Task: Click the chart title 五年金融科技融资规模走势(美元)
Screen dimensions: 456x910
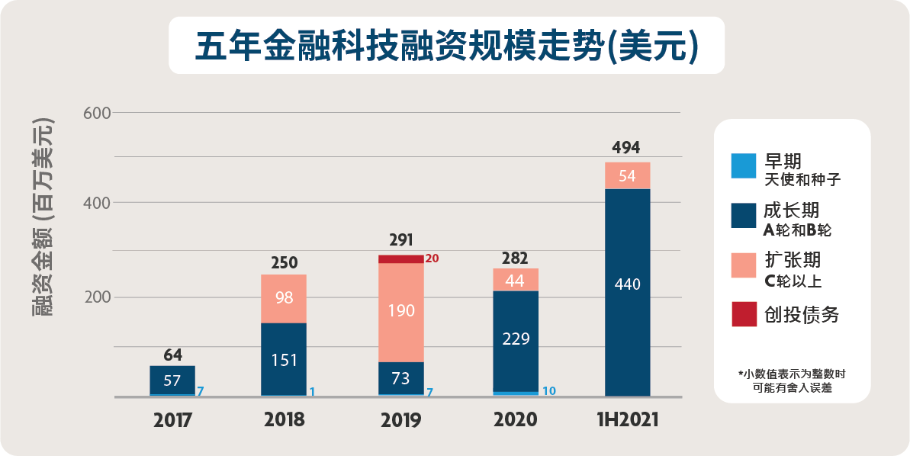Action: point(446,46)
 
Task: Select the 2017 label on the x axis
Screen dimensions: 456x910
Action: point(172,420)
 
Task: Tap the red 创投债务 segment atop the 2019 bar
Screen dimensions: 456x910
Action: point(401,259)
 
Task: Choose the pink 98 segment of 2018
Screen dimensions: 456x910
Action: point(284,298)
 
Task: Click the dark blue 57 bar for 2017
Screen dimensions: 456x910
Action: point(172,380)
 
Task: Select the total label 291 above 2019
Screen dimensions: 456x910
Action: point(400,239)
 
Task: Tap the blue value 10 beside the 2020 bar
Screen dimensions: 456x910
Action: point(548,391)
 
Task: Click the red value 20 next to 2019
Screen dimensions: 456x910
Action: point(432,259)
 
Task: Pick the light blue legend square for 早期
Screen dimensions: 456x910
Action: point(744,166)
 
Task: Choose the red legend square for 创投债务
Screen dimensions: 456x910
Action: point(744,314)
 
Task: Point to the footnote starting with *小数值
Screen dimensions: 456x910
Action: point(792,381)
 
